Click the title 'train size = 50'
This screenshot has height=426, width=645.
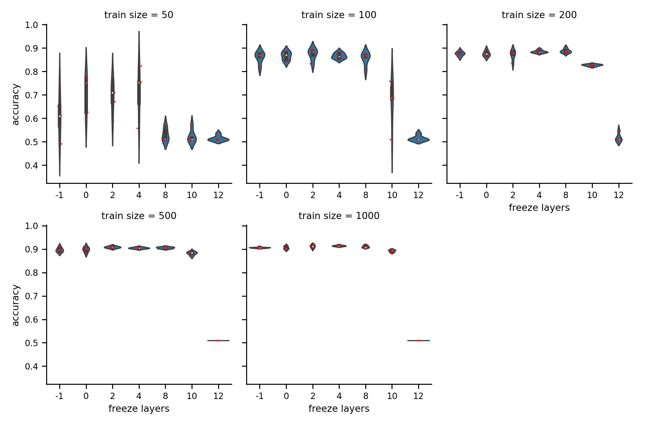click(x=139, y=15)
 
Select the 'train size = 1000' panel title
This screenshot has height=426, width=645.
click(x=339, y=216)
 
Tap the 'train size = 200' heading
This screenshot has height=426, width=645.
click(x=539, y=15)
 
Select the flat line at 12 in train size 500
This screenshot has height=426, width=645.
click(x=218, y=340)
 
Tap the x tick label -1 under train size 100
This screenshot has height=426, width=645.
click(x=260, y=195)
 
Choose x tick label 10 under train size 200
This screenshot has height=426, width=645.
click(x=592, y=195)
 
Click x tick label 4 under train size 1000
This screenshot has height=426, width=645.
click(x=339, y=396)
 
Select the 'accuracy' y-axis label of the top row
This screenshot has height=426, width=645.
click(x=16, y=104)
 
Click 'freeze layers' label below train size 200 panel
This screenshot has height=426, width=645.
click(x=539, y=208)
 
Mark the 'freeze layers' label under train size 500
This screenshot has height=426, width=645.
click(x=139, y=409)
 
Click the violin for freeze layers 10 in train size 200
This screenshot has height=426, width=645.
click(x=592, y=65)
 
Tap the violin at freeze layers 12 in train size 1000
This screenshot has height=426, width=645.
click(x=418, y=340)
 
